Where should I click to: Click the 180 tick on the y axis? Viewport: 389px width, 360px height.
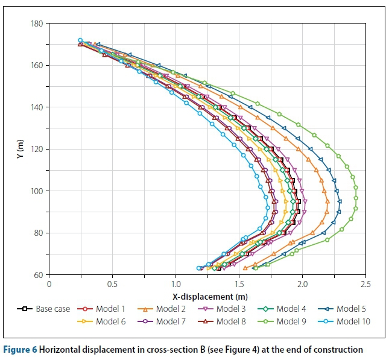click(37, 24)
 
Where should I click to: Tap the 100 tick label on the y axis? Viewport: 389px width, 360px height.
click(37, 191)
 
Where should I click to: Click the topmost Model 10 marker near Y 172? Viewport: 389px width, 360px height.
click(80, 40)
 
